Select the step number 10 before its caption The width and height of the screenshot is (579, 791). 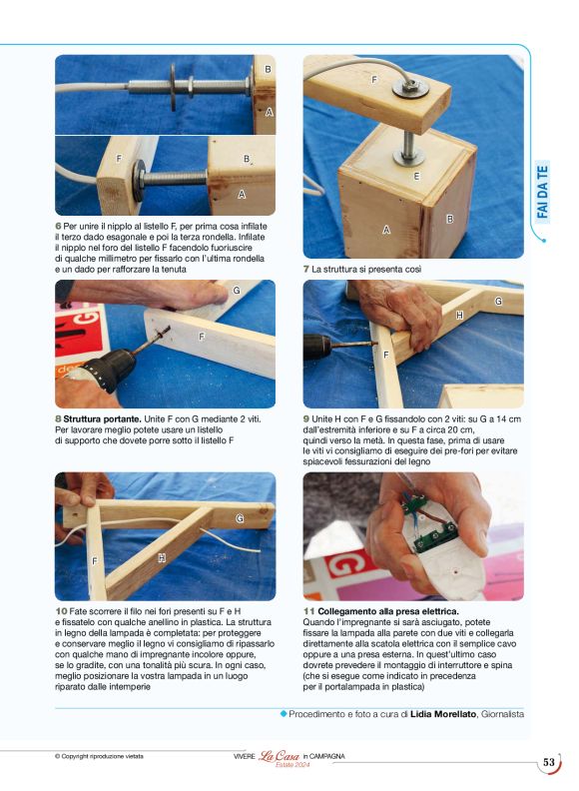coord(61,611)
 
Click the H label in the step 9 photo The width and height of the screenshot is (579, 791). coord(459,316)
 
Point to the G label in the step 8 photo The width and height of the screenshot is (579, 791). coord(237,290)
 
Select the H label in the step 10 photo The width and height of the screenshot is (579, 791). coord(162,558)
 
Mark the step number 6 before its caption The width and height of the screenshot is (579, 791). coord(58,226)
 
